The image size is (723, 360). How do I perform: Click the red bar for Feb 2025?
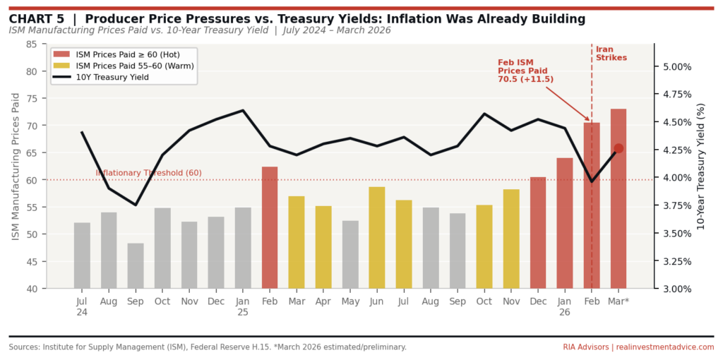[x=270, y=227]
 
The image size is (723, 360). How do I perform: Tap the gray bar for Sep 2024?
[x=136, y=266]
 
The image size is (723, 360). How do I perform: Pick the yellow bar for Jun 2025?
[x=377, y=237]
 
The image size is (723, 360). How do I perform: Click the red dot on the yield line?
[x=619, y=148]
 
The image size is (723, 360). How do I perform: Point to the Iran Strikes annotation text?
[x=611, y=54]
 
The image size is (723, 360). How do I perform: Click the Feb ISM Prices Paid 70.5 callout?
[x=525, y=71]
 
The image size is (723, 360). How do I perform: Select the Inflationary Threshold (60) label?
[x=148, y=173]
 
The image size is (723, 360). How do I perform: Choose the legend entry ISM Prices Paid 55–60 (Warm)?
[x=134, y=66]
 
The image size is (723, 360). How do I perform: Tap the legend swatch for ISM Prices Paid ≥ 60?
[x=62, y=54]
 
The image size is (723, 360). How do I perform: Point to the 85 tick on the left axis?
[x=31, y=44]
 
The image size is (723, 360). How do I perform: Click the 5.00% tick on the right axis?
[x=676, y=66]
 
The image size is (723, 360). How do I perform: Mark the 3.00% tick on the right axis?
[x=676, y=289]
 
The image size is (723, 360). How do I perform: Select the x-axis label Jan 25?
[x=243, y=306]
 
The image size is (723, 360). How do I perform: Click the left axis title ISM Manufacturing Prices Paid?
[x=16, y=166]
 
